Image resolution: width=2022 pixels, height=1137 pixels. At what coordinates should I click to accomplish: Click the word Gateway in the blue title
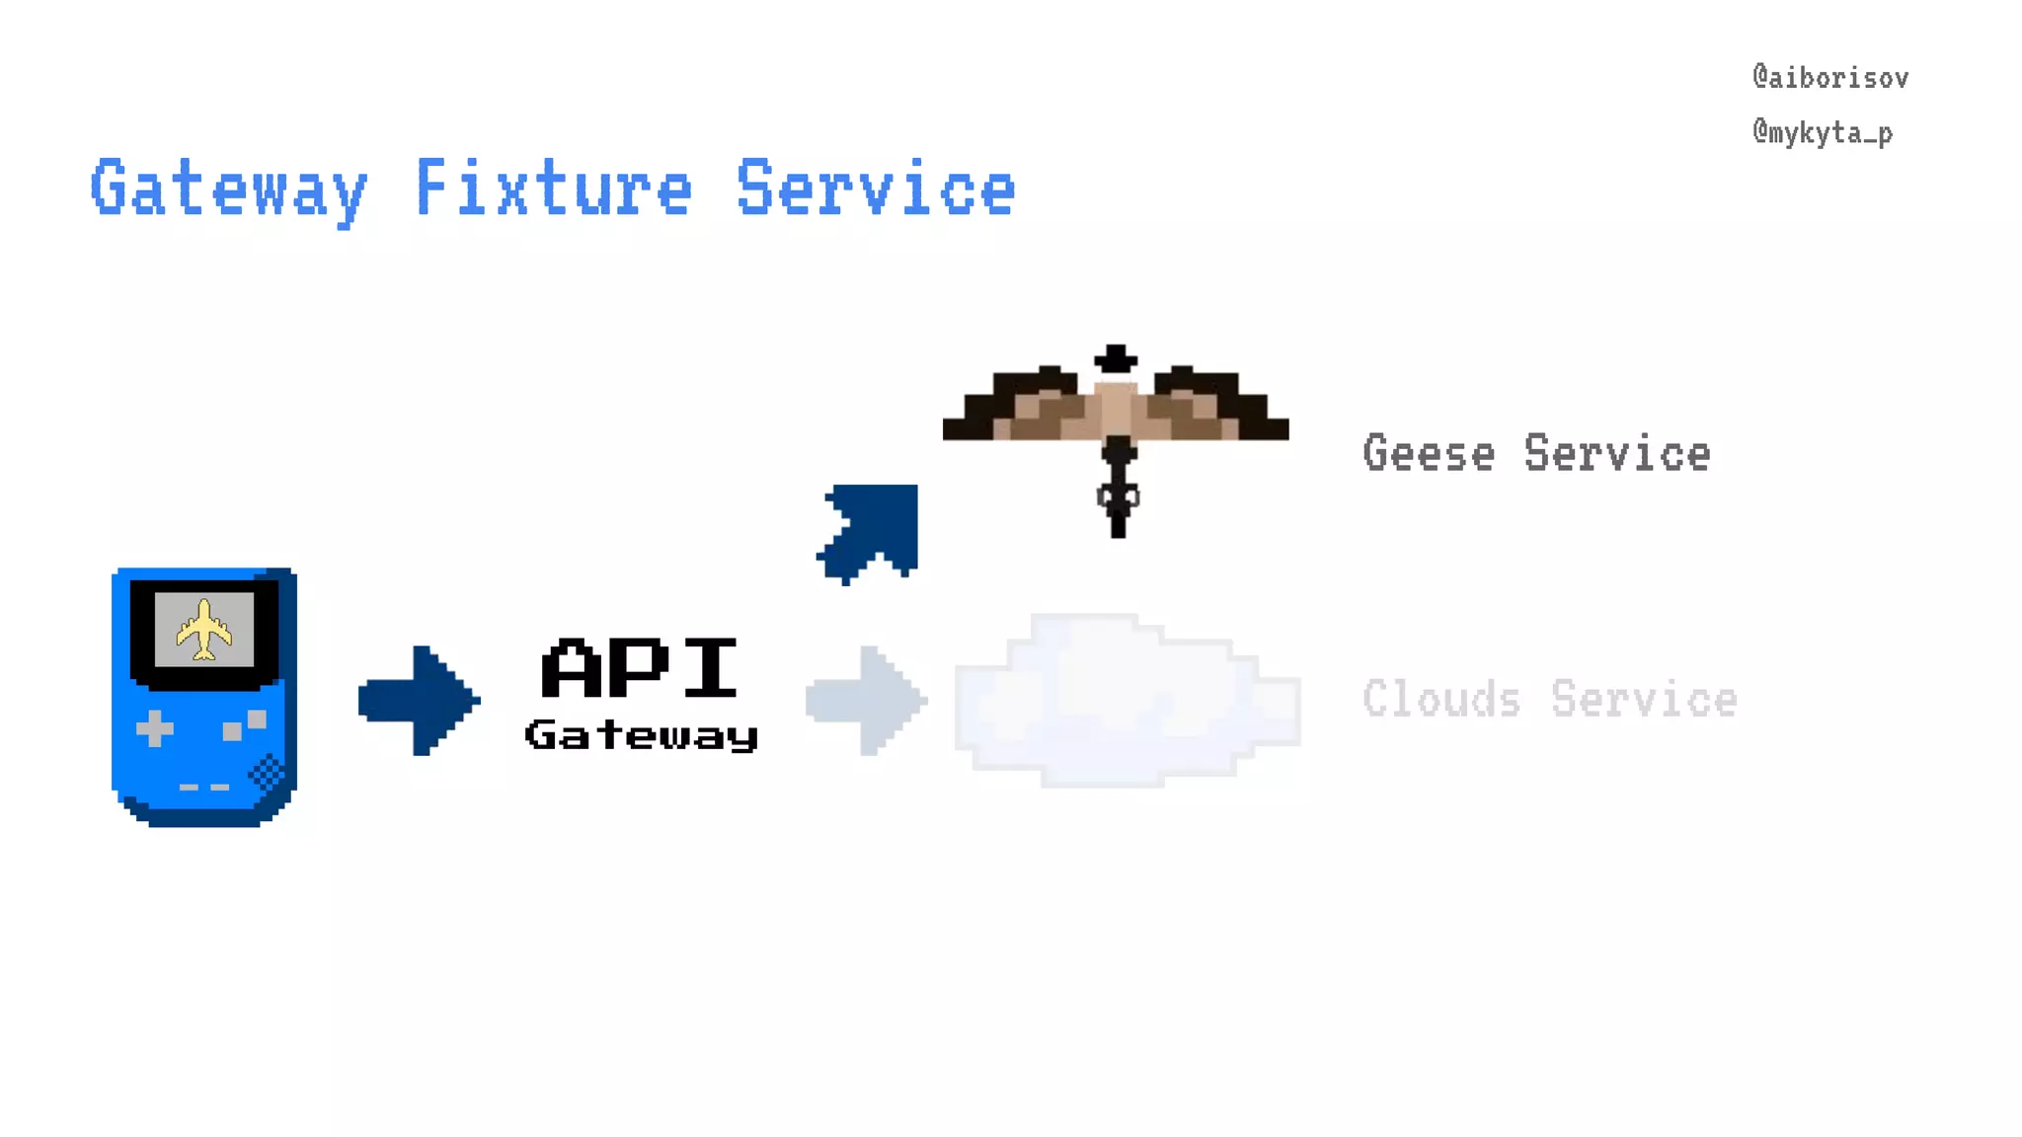click(x=228, y=189)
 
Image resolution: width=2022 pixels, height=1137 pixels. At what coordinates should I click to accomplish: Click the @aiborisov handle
click(x=1830, y=78)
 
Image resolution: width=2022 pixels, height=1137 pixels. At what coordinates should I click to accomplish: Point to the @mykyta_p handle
click(x=1823, y=132)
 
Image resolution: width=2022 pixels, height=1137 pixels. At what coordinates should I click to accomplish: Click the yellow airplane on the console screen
click(x=204, y=630)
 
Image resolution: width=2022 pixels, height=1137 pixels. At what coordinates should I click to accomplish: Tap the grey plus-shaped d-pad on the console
click(x=154, y=729)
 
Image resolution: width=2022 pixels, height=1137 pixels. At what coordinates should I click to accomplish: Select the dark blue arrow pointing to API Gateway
click(x=419, y=701)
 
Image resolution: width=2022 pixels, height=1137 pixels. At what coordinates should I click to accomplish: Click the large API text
click(x=640, y=668)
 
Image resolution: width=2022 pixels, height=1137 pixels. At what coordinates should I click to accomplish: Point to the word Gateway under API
click(x=642, y=735)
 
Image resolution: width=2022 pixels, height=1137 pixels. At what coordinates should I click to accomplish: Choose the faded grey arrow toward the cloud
click(x=866, y=701)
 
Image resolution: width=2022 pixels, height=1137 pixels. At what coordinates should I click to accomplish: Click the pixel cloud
click(x=1127, y=701)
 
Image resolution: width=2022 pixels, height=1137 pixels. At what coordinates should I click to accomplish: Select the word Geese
click(x=1429, y=454)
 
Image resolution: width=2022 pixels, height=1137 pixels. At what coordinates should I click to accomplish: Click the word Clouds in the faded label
click(x=1440, y=700)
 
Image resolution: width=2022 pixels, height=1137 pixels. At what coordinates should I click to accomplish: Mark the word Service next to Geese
click(x=1616, y=454)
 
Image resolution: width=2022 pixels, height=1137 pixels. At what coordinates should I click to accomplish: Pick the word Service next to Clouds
click(x=1643, y=700)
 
